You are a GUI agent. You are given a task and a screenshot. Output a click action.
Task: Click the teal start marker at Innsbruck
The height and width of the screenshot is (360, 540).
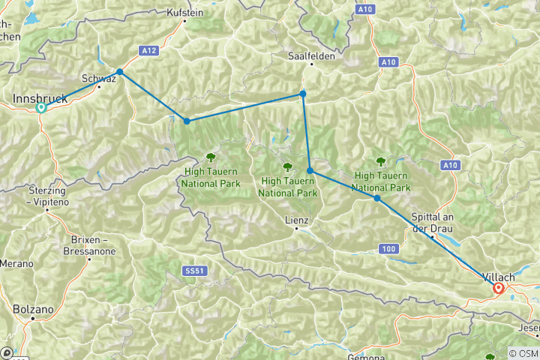(41, 107)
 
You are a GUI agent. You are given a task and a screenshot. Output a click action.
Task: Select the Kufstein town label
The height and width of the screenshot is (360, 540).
(184, 13)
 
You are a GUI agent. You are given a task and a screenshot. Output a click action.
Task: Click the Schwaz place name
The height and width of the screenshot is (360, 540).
(97, 77)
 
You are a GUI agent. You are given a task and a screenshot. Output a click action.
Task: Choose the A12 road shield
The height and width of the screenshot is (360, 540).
(148, 50)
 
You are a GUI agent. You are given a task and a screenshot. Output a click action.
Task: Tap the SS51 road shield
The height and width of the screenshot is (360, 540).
(194, 268)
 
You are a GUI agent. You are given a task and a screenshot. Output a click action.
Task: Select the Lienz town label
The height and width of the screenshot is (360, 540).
(297, 220)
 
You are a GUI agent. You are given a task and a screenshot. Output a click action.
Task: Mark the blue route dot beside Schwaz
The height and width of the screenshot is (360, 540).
(119, 71)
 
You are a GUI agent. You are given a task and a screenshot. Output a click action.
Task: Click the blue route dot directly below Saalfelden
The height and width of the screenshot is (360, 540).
(303, 94)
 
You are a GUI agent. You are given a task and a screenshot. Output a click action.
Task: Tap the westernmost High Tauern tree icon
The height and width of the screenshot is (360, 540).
(209, 157)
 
